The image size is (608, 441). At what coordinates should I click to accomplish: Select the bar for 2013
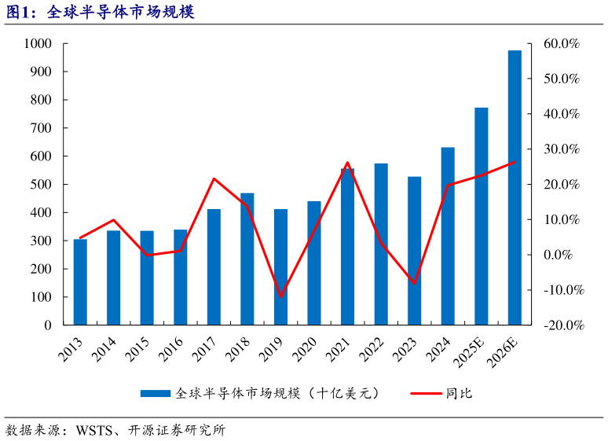coord(80,281)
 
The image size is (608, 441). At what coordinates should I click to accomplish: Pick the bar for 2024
coord(448,236)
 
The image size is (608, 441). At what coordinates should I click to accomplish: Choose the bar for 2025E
coord(481,216)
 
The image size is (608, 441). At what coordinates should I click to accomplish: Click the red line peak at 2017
coord(214,178)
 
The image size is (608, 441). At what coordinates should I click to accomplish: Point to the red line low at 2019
coord(280,296)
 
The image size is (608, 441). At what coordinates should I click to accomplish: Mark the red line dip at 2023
coord(415,283)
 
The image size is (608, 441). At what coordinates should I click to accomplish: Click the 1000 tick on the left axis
coord(37,44)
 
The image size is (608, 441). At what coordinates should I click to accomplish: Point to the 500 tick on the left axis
coord(40,185)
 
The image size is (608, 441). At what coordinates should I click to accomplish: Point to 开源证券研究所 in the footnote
coord(180,430)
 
